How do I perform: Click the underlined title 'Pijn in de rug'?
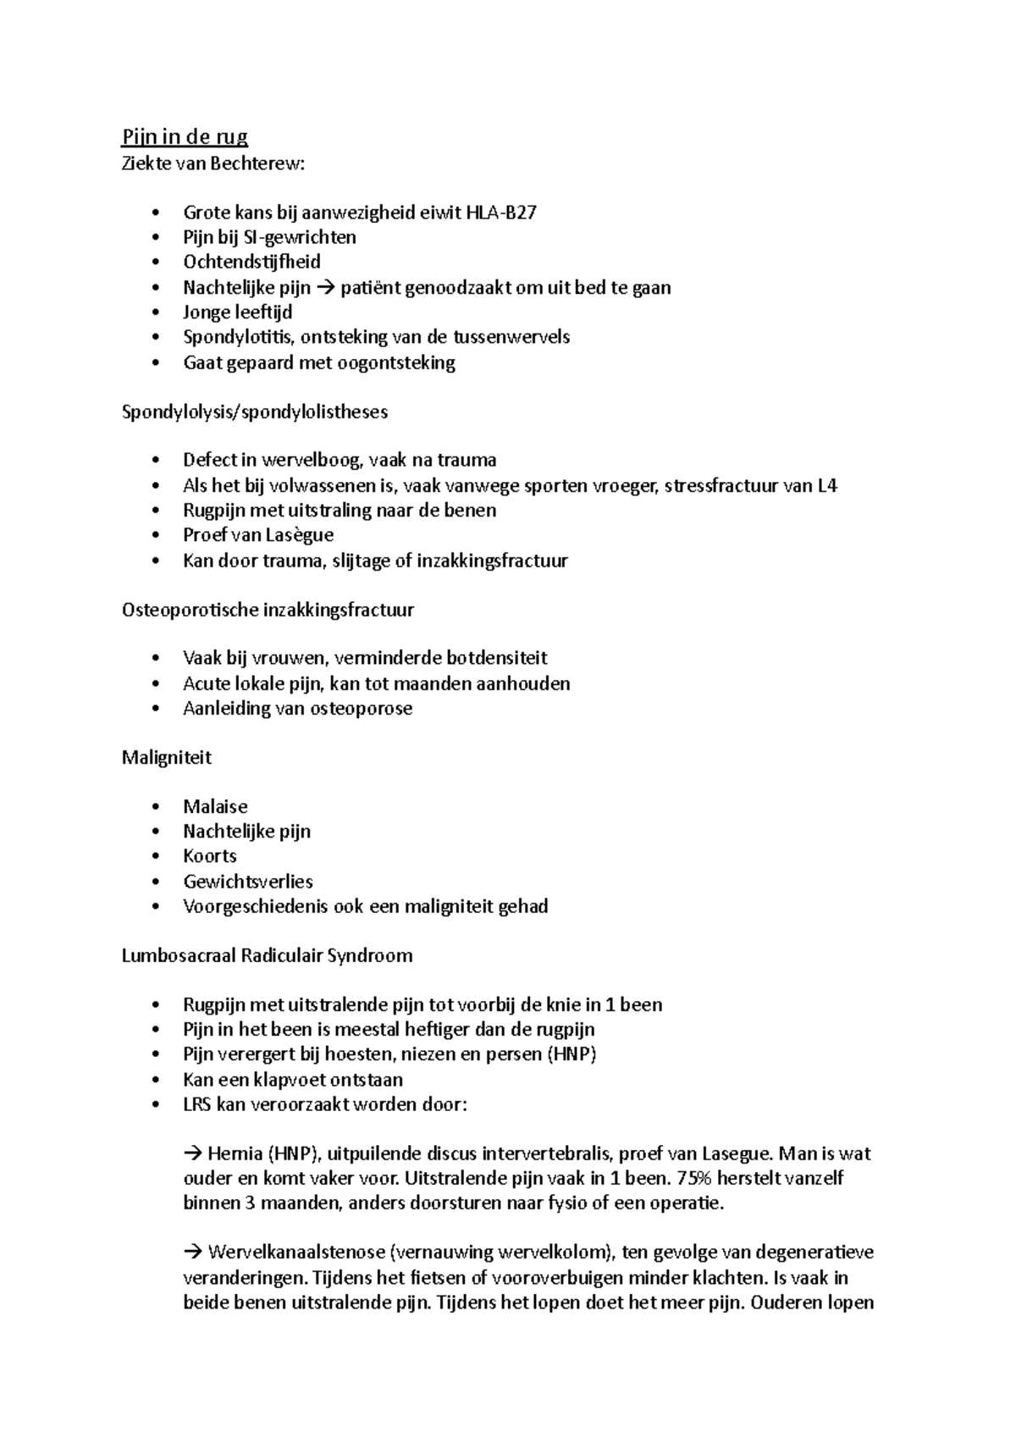point(185,137)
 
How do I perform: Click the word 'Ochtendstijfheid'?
point(251,262)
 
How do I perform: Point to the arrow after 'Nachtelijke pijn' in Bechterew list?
point(325,287)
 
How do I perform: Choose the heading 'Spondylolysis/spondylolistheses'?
point(255,412)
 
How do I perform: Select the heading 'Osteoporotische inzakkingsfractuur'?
point(268,610)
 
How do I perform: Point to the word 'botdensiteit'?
point(496,658)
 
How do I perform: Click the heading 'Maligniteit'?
point(166,758)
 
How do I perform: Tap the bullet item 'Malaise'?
point(215,807)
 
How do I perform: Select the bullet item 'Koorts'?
point(209,856)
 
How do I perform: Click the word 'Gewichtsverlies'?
point(247,882)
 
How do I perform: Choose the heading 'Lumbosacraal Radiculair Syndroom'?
point(267,956)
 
